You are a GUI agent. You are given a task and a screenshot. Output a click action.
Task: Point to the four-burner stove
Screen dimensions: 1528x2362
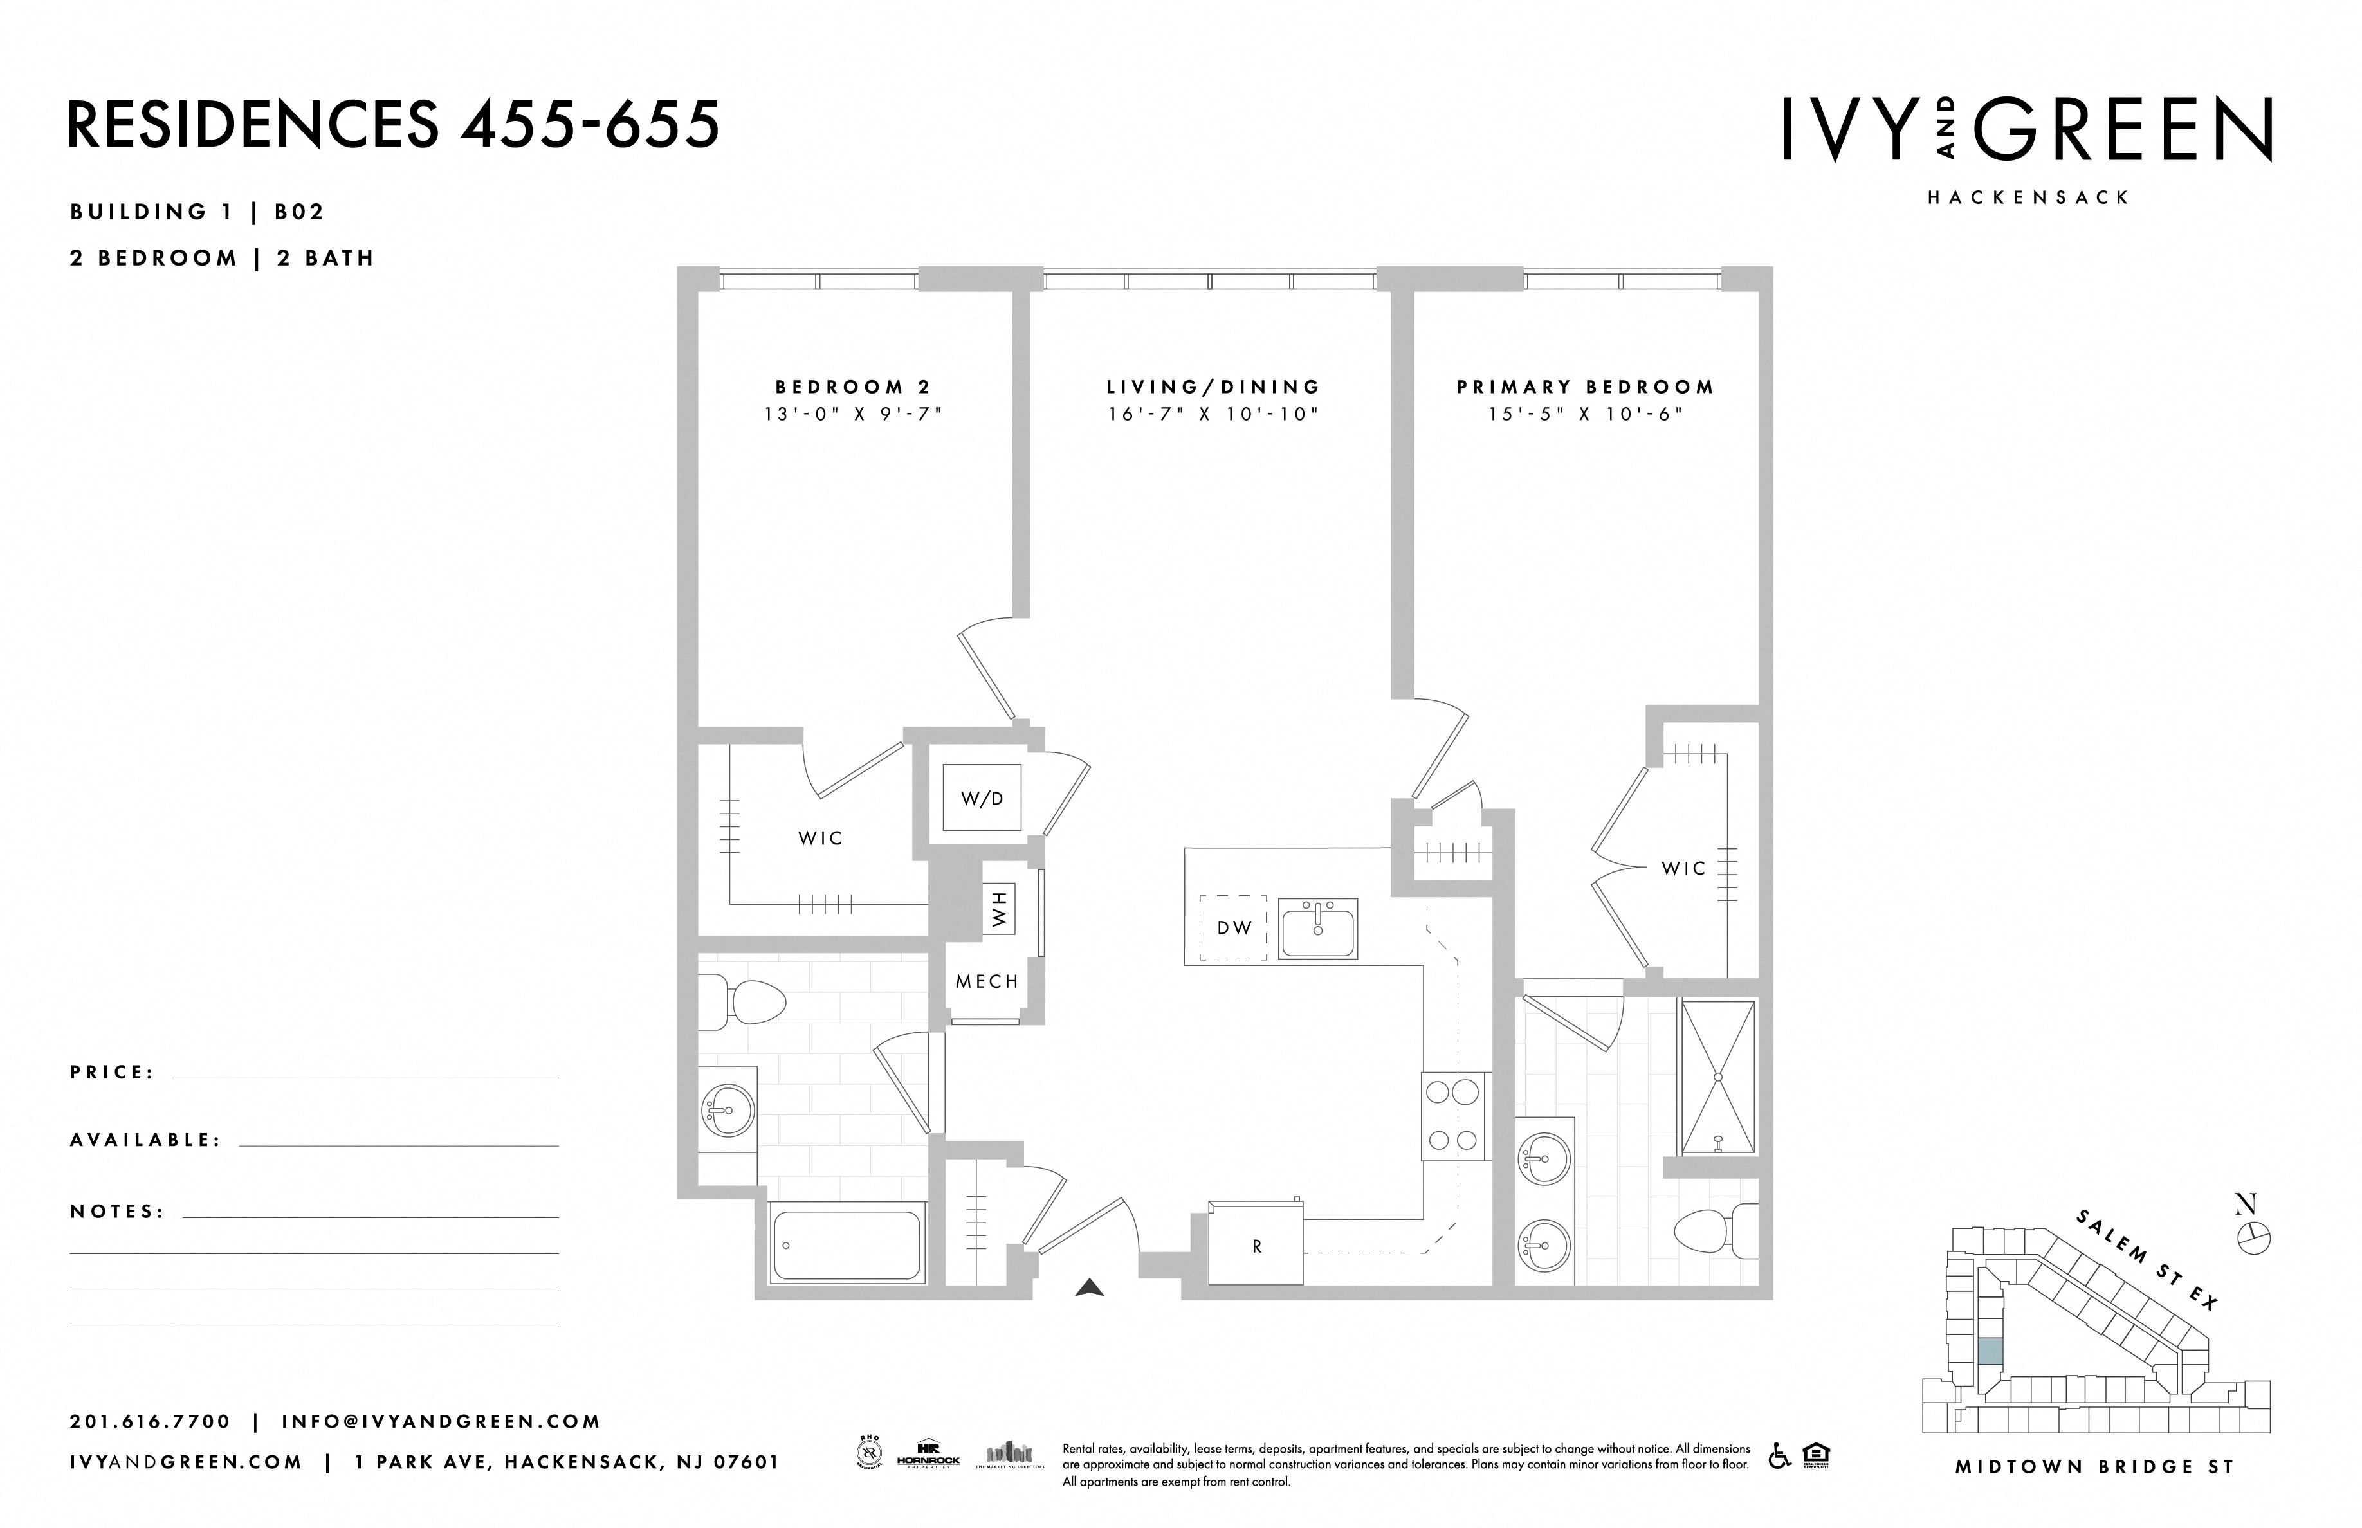pos(1454,1116)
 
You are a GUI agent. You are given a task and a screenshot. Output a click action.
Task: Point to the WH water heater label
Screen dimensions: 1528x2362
pos(998,909)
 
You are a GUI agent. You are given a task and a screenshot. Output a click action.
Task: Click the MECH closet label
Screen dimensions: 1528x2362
pos(987,981)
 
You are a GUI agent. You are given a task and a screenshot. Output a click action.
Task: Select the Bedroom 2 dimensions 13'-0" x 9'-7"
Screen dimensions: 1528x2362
pos(852,414)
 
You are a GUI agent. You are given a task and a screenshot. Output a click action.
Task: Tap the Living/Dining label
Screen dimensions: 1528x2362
pos(1213,387)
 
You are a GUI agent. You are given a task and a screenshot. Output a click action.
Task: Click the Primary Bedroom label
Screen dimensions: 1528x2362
pos(1585,387)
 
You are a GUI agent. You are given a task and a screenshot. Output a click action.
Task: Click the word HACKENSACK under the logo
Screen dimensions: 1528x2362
pos(2028,197)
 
